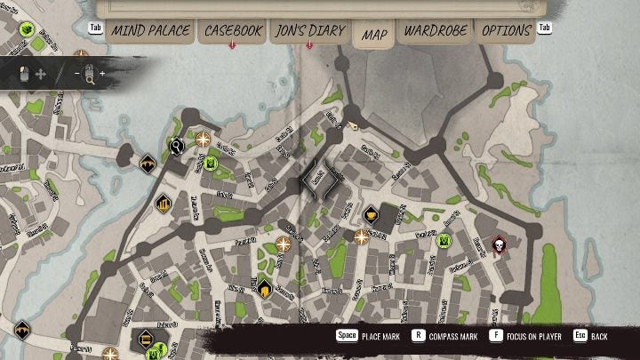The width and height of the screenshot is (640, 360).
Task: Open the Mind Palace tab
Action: (x=150, y=31)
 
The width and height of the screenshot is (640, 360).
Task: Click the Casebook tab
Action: (x=233, y=31)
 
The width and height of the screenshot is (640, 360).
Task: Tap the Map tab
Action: (x=374, y=35)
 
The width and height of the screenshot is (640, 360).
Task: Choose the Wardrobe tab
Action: (x=436, y=31)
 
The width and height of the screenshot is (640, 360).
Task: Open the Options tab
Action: (x=507, y=31)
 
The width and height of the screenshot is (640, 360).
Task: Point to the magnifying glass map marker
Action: (x=176, y=146)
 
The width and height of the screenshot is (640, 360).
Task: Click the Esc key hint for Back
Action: (x=580, y=337)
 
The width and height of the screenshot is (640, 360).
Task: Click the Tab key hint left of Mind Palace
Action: (x=97, y=28)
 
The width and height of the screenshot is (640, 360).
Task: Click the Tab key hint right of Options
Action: (x=544, y=28)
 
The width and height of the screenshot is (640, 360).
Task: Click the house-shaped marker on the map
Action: (x=264, y=285)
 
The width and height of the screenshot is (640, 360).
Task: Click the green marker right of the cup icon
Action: (x=444, y=240)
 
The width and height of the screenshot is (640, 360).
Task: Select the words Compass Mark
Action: (x=458, y=337)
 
